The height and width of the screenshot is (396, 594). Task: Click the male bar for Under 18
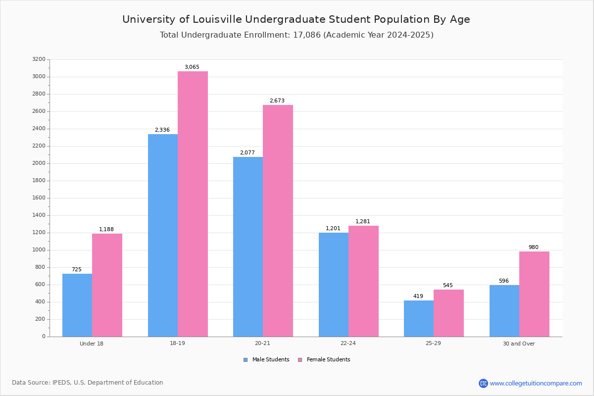point(77,305)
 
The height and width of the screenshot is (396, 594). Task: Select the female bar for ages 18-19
point(193,204)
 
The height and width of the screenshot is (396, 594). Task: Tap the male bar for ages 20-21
point(248,247)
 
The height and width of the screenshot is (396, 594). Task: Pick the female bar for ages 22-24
point(363,282)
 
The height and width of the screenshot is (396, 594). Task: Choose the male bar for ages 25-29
point(419,319)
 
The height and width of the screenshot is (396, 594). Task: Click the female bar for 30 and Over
point(534,294)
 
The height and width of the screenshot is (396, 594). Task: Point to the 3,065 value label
point(192,67)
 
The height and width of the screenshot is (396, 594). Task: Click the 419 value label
point(418,296)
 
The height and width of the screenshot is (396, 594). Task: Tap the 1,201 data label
point(333,228)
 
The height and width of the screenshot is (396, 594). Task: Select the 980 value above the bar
point(534,247)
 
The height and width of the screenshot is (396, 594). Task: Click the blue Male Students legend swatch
point(246,360)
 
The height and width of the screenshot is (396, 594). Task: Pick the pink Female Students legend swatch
point(300,360)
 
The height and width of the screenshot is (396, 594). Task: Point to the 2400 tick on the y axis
point(39,129)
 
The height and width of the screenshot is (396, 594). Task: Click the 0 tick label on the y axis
point(44,337)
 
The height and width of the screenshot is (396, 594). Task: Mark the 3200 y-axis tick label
point(39,59)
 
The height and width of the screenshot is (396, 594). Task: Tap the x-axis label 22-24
point(348,343)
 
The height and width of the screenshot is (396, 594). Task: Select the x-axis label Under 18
point(92,344)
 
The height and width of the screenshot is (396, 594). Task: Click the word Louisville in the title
point(217,19)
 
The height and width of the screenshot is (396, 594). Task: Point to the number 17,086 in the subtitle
point(307,35)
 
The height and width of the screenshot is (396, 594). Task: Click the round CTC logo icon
point(483,383)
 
